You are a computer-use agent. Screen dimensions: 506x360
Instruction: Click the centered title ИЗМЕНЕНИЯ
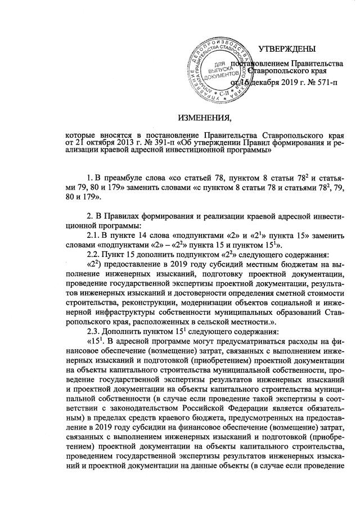pos(204,117)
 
